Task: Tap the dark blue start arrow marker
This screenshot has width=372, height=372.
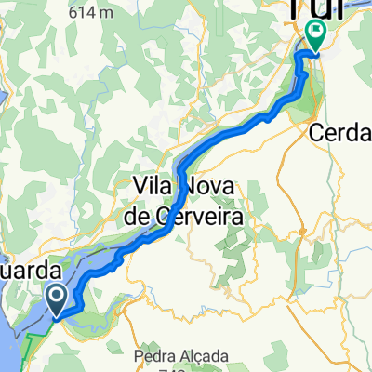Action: pos(55,299)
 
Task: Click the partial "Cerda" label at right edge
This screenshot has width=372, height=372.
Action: pos(340,133)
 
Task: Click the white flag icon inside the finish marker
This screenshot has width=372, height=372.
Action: pos(316,35)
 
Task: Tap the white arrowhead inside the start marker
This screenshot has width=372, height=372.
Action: pos(55,299)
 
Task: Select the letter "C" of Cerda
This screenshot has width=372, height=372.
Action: pos(317,133)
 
